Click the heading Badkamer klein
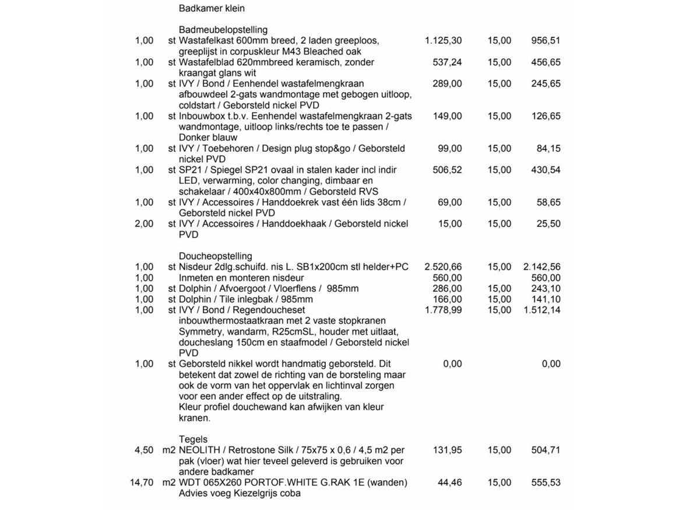(212, 9)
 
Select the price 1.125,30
(443, 41)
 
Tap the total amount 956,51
(546, 41)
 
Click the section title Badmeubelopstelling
(223, 30)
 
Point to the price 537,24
(447, 62)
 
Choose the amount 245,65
(546, 83)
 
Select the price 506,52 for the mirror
(447, 170)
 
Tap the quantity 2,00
(144, 223)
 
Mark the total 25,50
(548, 223)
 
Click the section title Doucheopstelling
(216, 256)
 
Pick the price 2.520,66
(443, 267)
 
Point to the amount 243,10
(546, 288)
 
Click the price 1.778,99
(443, 310)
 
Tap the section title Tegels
(193, 439)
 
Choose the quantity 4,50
(144, 450)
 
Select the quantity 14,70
(142, 483)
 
